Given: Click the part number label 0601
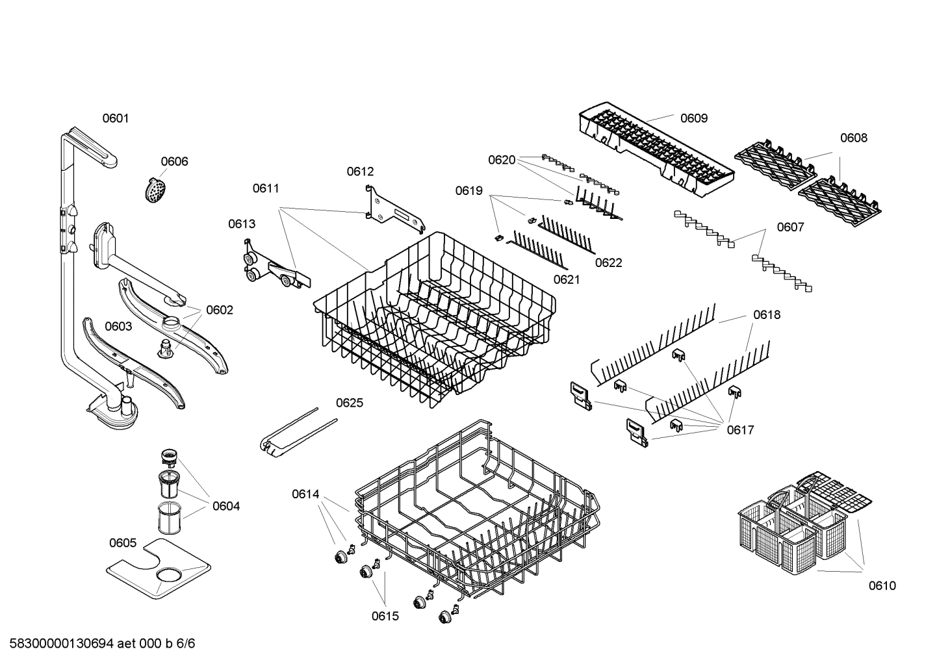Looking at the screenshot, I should tap(116, 118).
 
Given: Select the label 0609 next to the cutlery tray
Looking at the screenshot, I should tap(694, 118).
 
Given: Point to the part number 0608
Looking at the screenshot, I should tap(853, 138).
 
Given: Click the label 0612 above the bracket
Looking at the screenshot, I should tap(360, 172).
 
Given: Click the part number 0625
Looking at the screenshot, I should tap(350, 403).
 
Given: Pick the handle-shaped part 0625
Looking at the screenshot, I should tap(289, 435).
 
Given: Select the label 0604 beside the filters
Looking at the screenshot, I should tap(226, 506).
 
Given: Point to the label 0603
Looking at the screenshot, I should tap(118, 326).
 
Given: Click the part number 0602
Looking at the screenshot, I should tap(220, 310).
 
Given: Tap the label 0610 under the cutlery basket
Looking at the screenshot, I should tap(882, 586).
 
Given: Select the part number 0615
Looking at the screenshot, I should tap(385, 617).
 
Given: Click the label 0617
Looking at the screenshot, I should tap(740, 430).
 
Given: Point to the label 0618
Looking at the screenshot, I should tap(767, 315).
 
